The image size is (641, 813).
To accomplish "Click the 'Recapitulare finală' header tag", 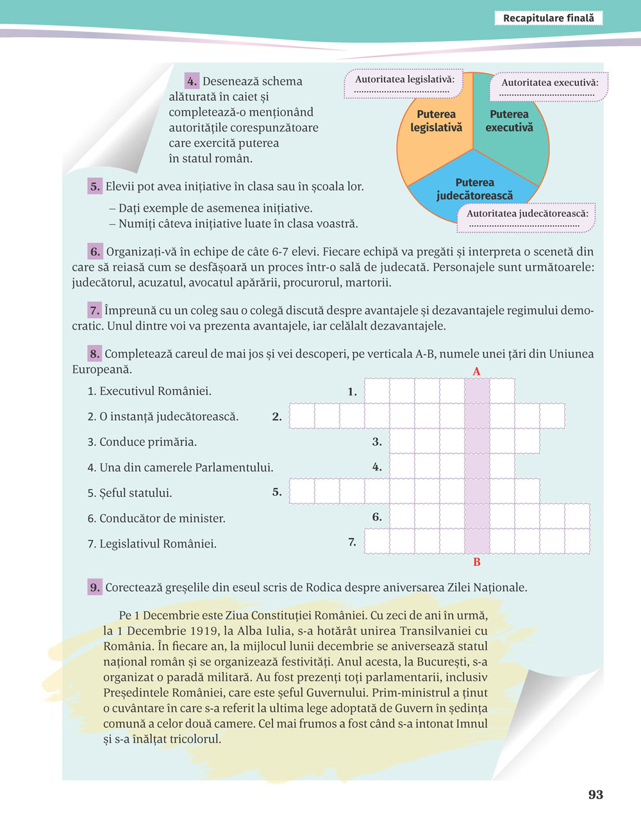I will (549, 19).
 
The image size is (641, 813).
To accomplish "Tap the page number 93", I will (595, 794).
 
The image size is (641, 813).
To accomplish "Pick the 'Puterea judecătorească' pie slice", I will (474, 186).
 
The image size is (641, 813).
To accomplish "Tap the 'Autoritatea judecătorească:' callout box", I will (527, 217).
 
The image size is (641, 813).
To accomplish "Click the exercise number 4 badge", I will (192, 81).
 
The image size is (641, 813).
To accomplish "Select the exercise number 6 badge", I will (95, 251).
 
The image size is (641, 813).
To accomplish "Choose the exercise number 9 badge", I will (95, 587).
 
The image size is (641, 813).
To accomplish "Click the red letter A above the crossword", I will (476, 372).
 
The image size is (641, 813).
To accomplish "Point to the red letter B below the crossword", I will (477, 562).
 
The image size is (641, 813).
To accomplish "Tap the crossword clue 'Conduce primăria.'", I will (142, 442).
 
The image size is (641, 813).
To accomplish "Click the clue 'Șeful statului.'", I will (129, 493).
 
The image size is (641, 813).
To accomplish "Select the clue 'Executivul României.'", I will (149, 391).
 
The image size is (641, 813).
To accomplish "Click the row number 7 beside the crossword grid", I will (352, 542).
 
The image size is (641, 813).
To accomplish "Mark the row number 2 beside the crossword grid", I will (277, 417).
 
